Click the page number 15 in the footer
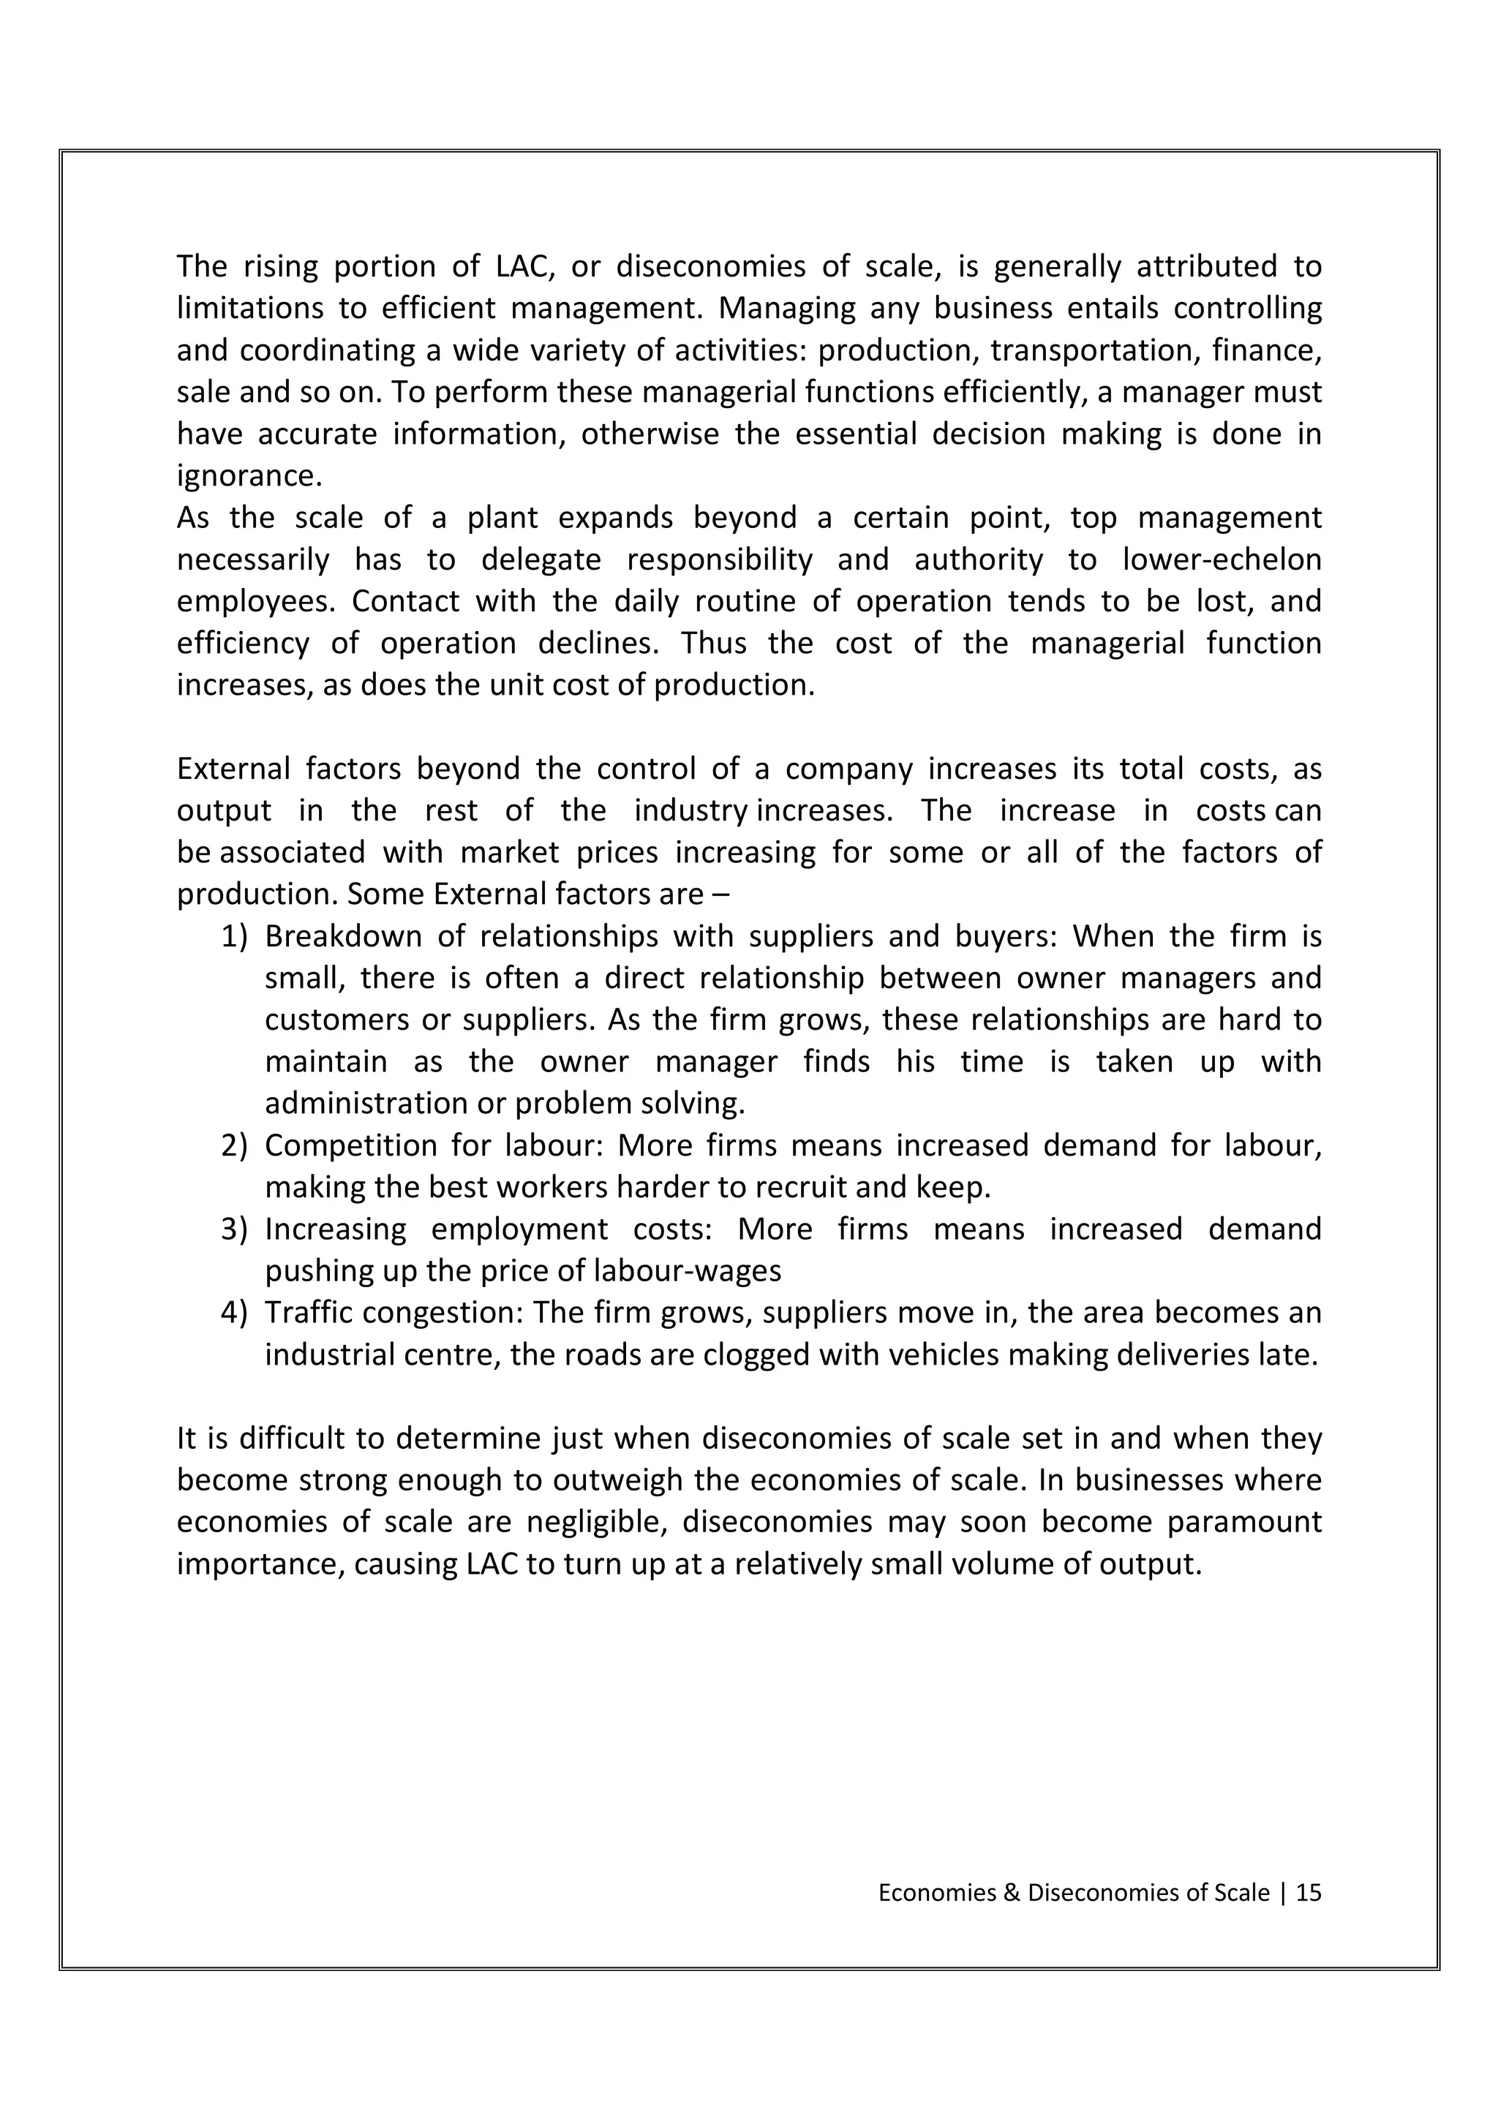[x=1308, y=1893]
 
